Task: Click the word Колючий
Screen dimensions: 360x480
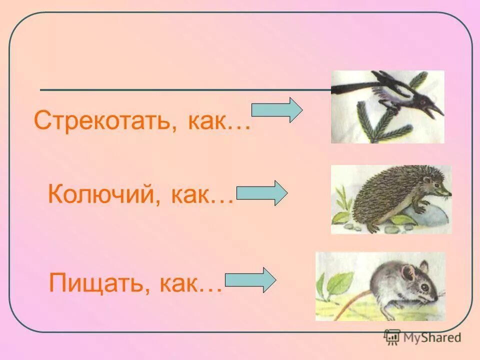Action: [x=100, y=194]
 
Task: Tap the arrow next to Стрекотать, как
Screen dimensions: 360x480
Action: [x=276, y=110]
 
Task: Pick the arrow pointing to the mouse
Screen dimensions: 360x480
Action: [x=250, y=280]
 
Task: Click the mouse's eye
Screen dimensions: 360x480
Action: [x=422, y=287]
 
